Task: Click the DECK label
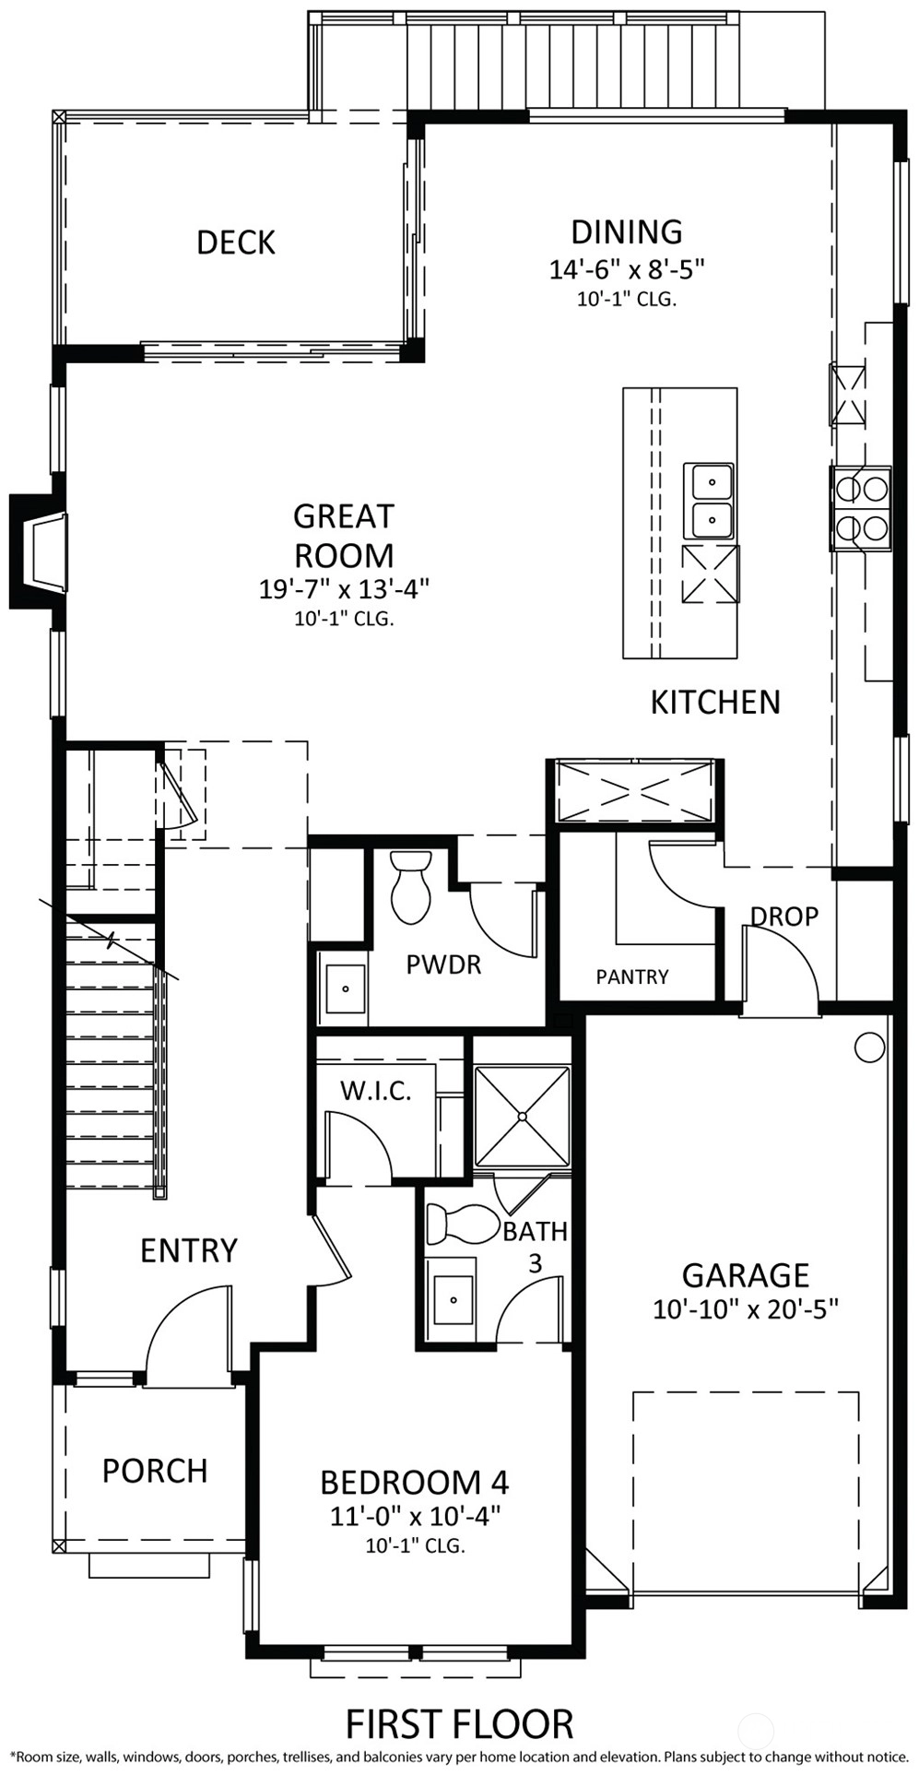(236, 243)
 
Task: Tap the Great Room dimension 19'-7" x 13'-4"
(345, 587)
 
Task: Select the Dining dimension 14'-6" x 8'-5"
(627, 269)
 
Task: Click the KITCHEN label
(715, 702)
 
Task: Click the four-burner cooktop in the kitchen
(861, 508)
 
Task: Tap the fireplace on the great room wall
(39, 551)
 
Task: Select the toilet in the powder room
(411, 886)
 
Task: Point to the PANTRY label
(632, 976)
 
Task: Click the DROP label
(784, 917)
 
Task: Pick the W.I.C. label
(376, 1091)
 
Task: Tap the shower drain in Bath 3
(522, 1117)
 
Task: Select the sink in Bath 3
(453, 1299)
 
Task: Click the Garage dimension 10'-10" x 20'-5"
(746, 1309)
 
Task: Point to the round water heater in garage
(869, 1047)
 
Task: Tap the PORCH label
(155, 1471)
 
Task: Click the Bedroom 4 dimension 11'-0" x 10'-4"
(415, 1516)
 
